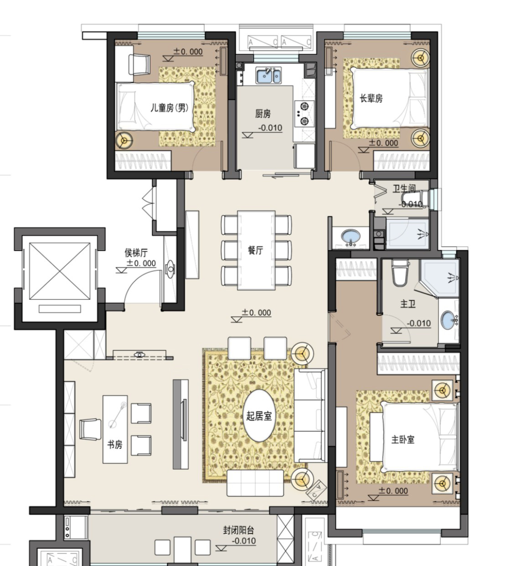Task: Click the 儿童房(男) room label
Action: [169, 108]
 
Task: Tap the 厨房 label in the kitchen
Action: [263, 114]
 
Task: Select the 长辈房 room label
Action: [371, 98]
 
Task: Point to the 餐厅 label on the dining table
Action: [255, 250]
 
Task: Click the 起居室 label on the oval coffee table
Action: [259, 416]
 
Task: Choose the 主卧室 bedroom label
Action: [403, 440]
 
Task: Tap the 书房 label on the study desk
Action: [115, 444]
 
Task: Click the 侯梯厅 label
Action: [136, 253]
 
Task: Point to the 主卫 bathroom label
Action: [408, 304]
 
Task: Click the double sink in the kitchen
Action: [268, 75]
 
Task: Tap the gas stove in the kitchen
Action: [304, 114]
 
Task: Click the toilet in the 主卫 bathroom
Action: [400, 273]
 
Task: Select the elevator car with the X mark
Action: [60, 271]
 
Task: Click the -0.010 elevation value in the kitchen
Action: [270, 128]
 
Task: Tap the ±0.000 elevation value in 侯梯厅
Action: [141, 263]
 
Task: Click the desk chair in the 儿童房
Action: [139, 65]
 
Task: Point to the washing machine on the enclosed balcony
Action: [75, 527]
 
